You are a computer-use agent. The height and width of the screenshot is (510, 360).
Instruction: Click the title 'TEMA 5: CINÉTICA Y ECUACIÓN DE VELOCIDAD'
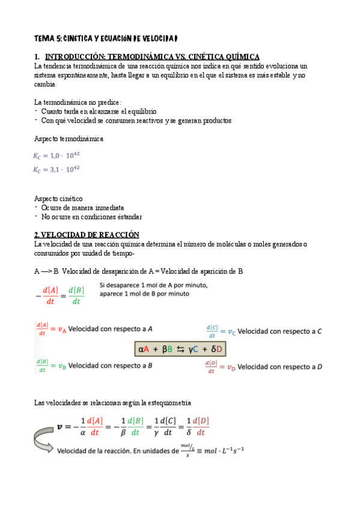coord(106,38)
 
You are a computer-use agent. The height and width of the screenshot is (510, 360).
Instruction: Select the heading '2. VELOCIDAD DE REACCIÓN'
coord(87,235)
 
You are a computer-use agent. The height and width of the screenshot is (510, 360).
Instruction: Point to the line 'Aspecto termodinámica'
coord(69,139)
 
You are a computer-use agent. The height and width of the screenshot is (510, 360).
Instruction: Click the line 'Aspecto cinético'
coord(59,198)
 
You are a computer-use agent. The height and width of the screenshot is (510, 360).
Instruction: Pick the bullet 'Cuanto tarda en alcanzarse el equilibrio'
coord(99,111)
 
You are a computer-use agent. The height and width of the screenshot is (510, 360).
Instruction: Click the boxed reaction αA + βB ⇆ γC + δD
coord(181,349)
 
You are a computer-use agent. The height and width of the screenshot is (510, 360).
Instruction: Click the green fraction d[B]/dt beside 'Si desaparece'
coord(76,296)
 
